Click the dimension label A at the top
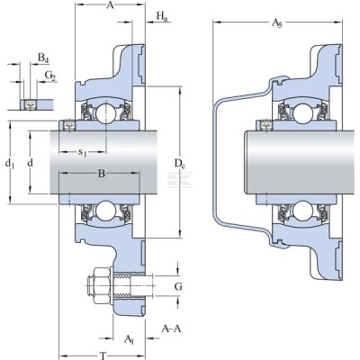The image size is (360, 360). point(111,5)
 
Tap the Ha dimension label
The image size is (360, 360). point(162,16)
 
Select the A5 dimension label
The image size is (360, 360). point(277,23)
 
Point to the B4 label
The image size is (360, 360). point(43,58)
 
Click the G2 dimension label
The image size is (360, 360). point(50,76)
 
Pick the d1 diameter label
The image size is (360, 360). point(10,164)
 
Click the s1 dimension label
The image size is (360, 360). point(83,153)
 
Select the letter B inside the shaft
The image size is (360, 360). point(102,174)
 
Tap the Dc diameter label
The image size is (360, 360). point(180,164)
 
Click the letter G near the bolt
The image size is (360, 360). point(178,287)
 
